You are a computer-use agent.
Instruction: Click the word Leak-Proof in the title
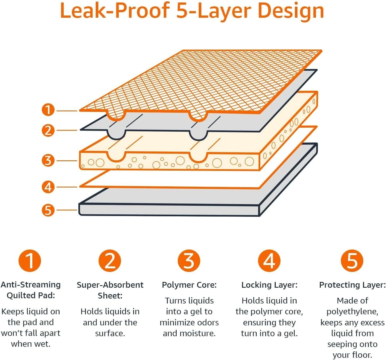(114, 11)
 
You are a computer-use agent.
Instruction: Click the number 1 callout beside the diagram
(48, 110)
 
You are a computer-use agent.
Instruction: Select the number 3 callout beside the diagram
(48, 160)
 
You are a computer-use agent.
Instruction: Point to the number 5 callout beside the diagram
(48, 210)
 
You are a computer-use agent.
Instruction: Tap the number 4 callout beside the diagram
(48, 187)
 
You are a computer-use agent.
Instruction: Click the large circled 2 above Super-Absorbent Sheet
(110, 261)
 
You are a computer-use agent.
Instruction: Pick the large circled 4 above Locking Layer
(269, 261)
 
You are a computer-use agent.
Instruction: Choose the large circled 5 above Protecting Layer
(352, 261)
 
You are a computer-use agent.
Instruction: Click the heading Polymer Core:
(189, 285)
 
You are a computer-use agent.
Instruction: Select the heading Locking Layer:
(269, 285)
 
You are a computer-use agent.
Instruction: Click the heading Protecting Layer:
(352, 285)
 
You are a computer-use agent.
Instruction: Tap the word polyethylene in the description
(352, 312)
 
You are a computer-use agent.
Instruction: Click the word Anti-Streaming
(30, 285)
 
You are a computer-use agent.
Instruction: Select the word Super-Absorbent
(110, 285)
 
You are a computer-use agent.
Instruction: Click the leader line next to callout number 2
(67, 130)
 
